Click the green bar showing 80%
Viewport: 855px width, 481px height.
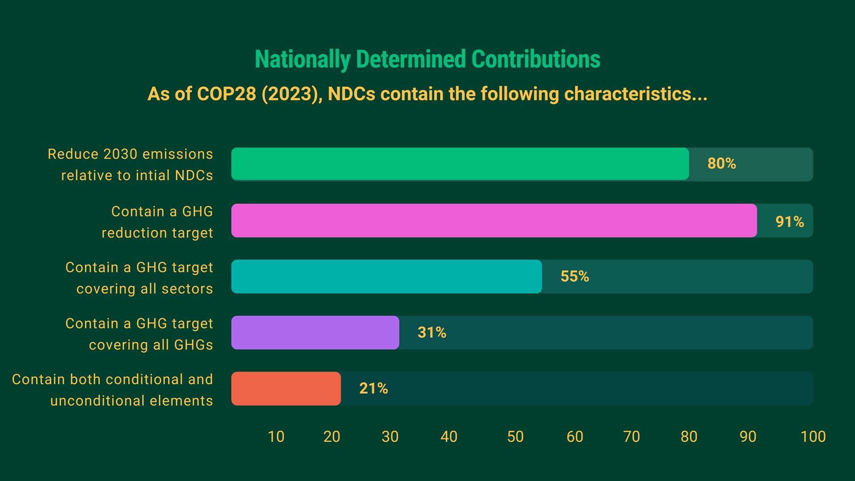click(x=460, y=164)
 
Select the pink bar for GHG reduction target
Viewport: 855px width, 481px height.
click(x=493, y=220)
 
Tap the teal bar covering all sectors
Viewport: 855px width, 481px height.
click(x=386, y=277)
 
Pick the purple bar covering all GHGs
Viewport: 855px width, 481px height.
click(x=315, y=333)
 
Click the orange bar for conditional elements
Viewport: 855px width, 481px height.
click(x=285, y=388)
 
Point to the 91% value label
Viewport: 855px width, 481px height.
click(x=790, y=221)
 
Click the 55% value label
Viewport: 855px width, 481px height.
click(x=574, y=277)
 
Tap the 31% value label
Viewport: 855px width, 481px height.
click(x=432, y=333)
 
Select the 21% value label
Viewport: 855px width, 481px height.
click(x=373, y=388)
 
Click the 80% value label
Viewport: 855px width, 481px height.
click(x=721, y=163)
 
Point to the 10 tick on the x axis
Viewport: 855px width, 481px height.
click(x=276, y=436)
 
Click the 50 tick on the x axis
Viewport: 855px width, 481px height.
click(x=515, y=436)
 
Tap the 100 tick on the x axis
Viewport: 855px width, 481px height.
click(x=813, y=436)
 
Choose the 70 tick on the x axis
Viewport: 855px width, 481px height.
click(x=631, y=436)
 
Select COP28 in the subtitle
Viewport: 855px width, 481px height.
click(x=226, y=94)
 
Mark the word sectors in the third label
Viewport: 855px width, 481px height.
click(x=187, y=289)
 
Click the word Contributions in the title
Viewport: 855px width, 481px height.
click(x=536, y=59)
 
